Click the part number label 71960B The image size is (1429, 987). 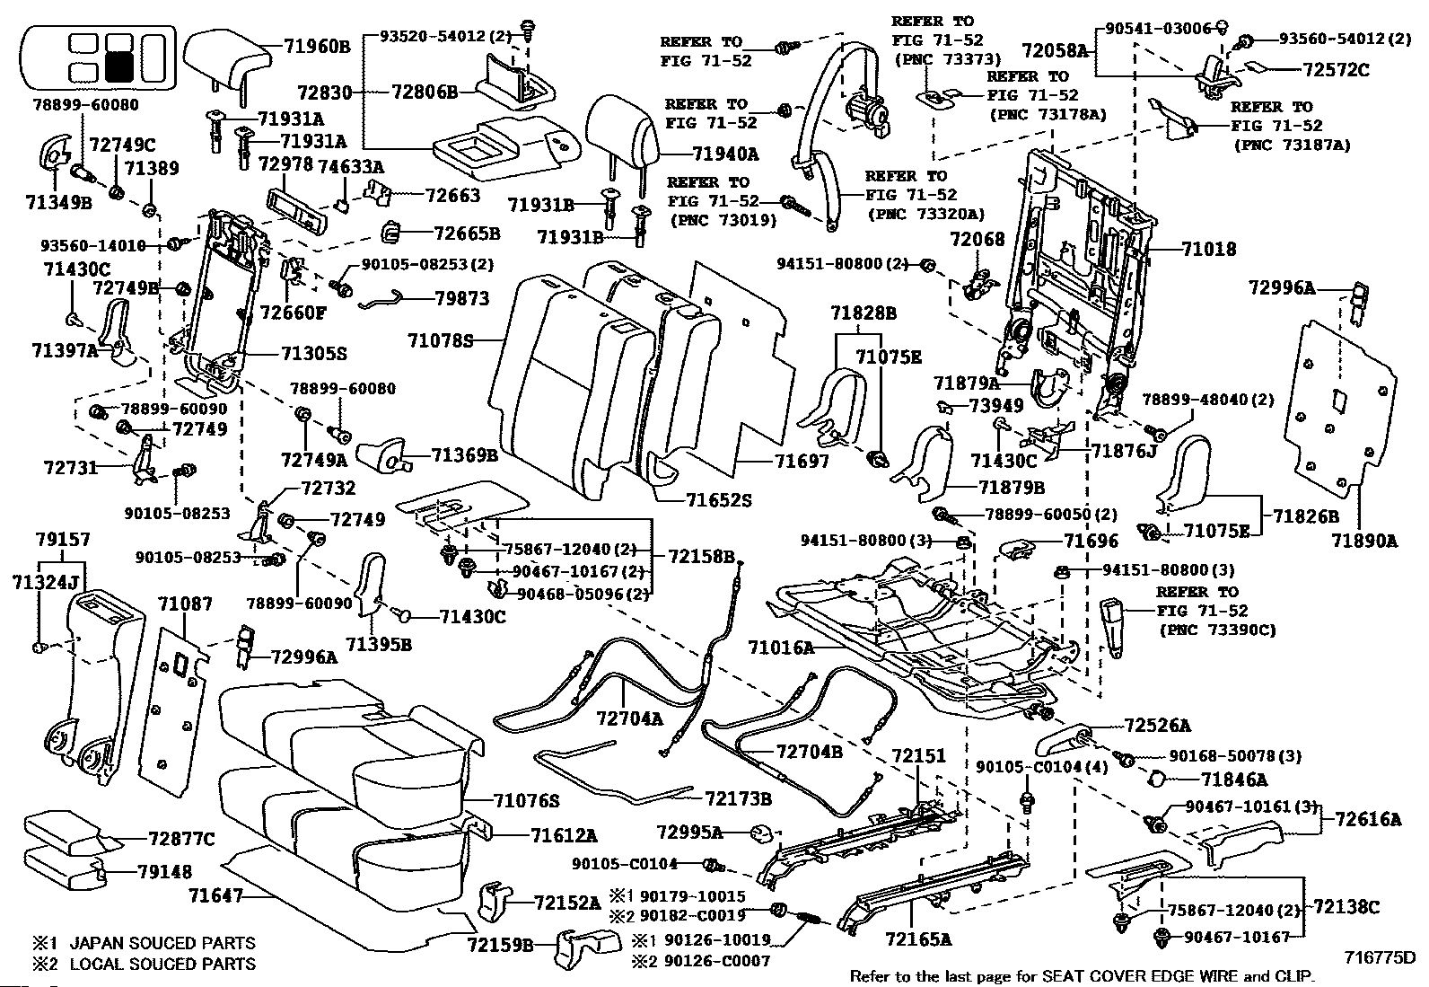(x=317, y=46)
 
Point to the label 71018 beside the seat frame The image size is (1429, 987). (x=1208, y=249)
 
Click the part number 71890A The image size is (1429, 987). (x=1364, y=541)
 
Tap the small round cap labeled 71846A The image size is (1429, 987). (x=1157, y=779)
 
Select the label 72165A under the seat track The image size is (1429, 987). (x=918, y=939)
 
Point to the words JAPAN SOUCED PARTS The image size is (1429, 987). (x=162, y=943)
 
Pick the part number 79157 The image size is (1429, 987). (x=63, y=540)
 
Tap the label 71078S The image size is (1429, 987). (x=441, y=341)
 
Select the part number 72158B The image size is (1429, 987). (x=702, y=557)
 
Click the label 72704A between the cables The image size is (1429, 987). (x=629, y=718)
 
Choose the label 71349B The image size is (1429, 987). (x=58, y=202)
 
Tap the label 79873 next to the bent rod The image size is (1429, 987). (x=462, y=298)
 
